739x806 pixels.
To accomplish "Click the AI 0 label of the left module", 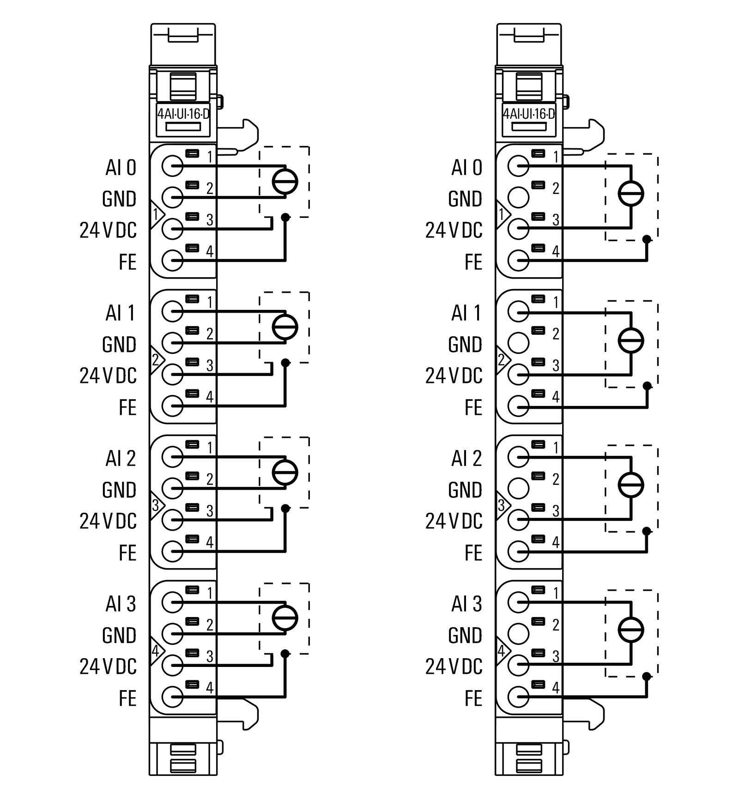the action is (121, 167).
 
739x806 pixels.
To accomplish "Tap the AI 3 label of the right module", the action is (466, 604).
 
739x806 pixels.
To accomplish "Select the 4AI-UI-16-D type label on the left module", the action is (183, 114).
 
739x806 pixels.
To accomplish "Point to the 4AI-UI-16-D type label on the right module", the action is (529, 114).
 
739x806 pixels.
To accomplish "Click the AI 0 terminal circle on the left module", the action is (172, 166).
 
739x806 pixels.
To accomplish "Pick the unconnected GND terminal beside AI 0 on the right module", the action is (518, 197).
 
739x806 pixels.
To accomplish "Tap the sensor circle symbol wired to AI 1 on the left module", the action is (285, 327).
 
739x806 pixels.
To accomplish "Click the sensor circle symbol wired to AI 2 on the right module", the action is (630, 485).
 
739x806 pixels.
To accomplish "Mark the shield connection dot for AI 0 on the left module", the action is (285, 217).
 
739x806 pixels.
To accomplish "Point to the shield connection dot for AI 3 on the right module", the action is (647, 677).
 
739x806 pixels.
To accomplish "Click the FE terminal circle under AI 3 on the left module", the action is (172, 697).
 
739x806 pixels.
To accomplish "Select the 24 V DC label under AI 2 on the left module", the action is (108, 521).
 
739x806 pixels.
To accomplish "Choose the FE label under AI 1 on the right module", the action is (473, 407).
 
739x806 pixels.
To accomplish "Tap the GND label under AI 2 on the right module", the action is (465, 490).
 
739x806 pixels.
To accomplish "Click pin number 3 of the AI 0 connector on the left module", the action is (210, 220).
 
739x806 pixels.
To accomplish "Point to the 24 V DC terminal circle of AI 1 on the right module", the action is (518, 374).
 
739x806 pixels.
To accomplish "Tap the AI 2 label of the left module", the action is (121, 458).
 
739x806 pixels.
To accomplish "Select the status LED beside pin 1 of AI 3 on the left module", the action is (192, 589).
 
